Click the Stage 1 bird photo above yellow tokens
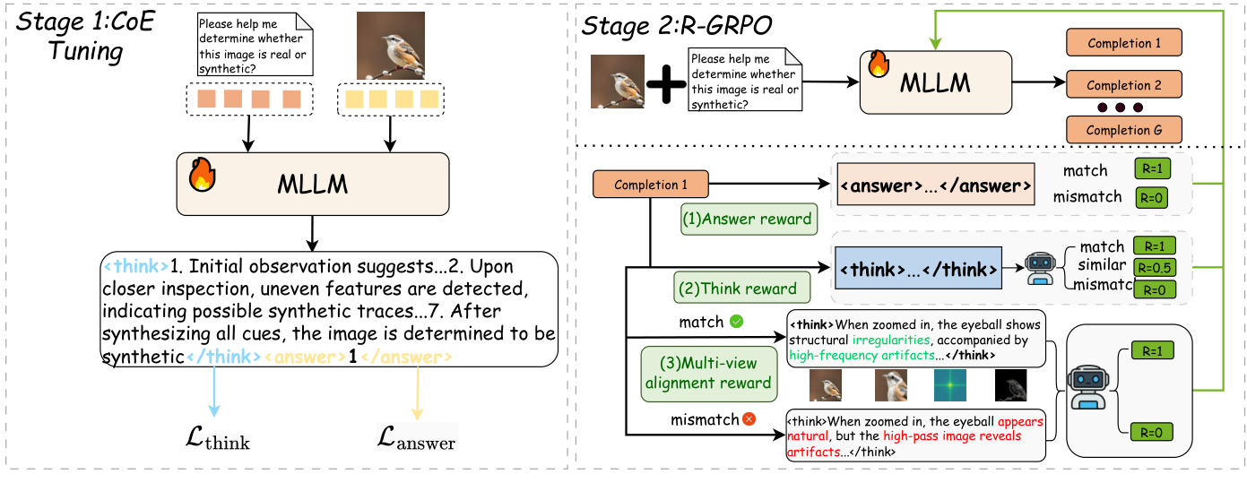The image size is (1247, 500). pyautogui.click(x=390, y=46)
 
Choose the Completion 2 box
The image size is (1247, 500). pyautogui.click(x=1123, y=86)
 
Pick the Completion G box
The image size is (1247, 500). pyautogui.click(x=1123, y=130)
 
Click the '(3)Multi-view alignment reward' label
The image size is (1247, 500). pyautogui.click(x=708, y=372)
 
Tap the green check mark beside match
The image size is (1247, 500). pyautogui.click(x=736, y=320)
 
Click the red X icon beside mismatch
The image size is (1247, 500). pyautogui.click(x=749, y=418)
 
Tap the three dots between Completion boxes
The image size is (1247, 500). pyautogui.click(x=1120, y=108)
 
